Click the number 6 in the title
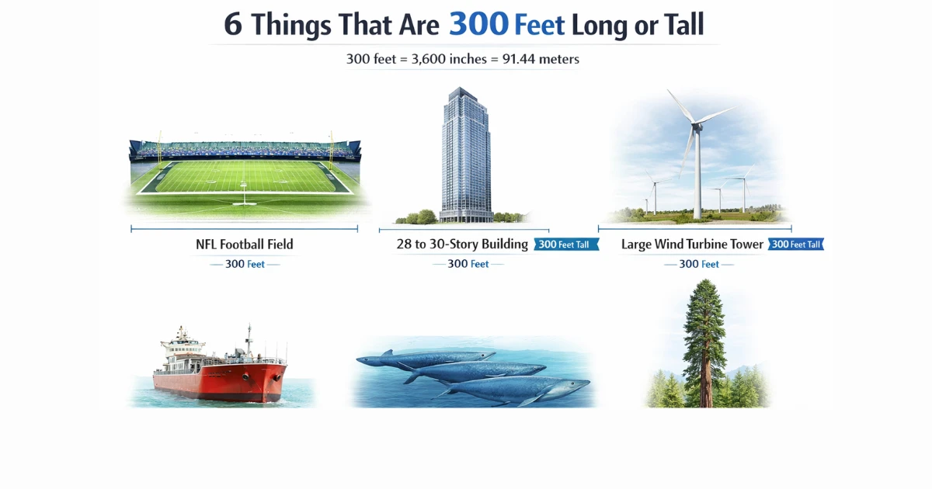click(232, 25)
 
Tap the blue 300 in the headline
click(478, 25)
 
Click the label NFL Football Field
click(245, 244)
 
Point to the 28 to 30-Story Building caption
click(462, 244)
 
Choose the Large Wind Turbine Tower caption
click(692, 244)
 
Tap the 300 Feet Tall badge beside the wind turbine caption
click(795, 244)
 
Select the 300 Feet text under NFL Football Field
click(245, 264)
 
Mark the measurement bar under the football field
click(245, 229)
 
